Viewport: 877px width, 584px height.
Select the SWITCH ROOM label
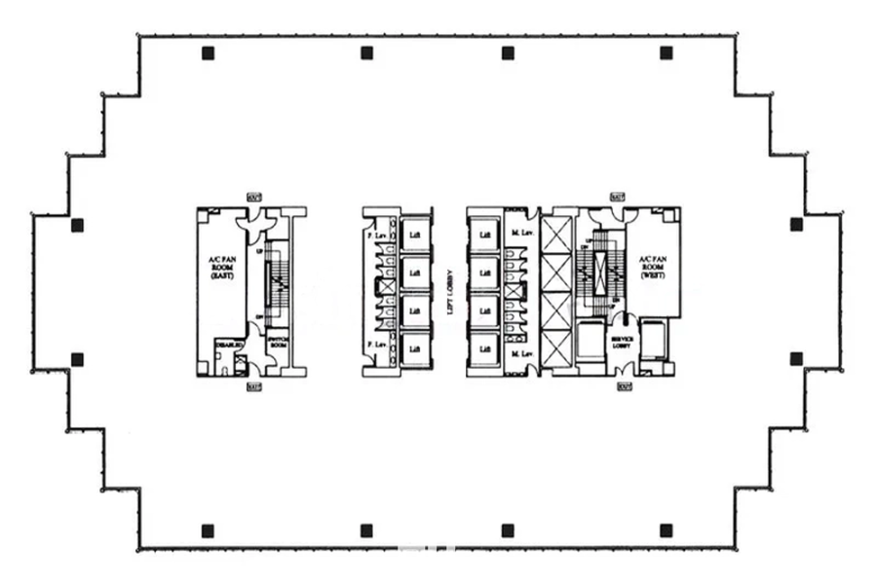click(x=278, y=344)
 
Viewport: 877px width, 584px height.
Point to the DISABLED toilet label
click(x=228, y=344)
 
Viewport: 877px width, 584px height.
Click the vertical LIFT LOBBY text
click(x=449, y=292)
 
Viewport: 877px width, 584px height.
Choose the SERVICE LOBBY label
click(x=621, y=343)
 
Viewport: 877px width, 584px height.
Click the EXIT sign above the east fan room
click(x=254, y=198)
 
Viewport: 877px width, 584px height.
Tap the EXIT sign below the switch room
click(x=254, y=386)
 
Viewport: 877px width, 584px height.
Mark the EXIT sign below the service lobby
click(x=623, y=386)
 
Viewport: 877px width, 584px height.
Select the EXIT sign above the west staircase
click(x=617, y=198)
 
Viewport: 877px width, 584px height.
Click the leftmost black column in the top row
click(x=208, y=54)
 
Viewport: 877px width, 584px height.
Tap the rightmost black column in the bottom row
click(x=666, y=530)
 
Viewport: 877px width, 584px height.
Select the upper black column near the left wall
click(x=77, y=225)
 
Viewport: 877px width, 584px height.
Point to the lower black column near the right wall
click(x=796, y=358)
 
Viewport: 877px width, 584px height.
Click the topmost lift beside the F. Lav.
click(x=414, y=235)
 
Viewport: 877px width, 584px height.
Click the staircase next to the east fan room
click(x=278, y=282)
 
